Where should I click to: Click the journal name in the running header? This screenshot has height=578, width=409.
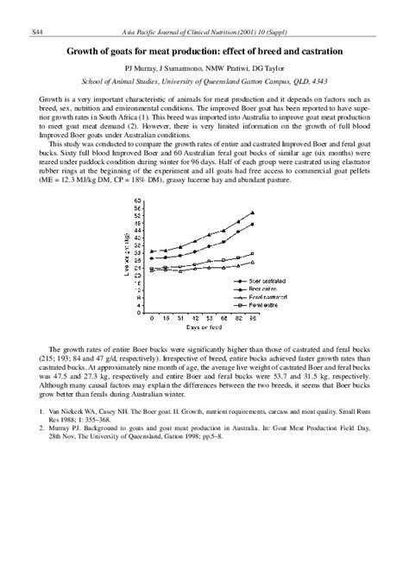click(204, 31)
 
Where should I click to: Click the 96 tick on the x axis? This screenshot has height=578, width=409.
click(252, 319)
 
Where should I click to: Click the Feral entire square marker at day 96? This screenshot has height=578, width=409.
click(252, 254)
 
